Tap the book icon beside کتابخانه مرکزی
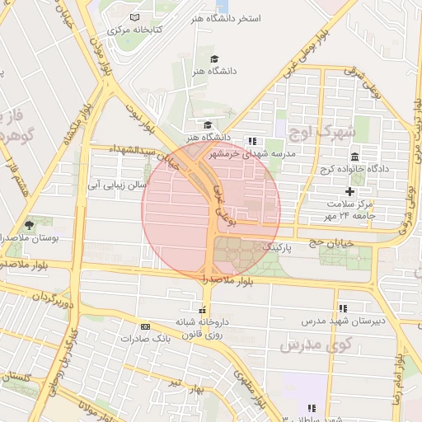135,17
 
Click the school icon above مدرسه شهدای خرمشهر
252,141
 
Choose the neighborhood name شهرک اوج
321,131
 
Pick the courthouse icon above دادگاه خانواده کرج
354,157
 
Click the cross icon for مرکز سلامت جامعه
349,191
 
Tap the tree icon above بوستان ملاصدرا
30,224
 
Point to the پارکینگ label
277,246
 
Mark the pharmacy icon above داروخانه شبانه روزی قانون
202,310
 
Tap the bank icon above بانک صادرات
145,326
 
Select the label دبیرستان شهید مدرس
335,320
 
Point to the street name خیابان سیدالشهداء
142,150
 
